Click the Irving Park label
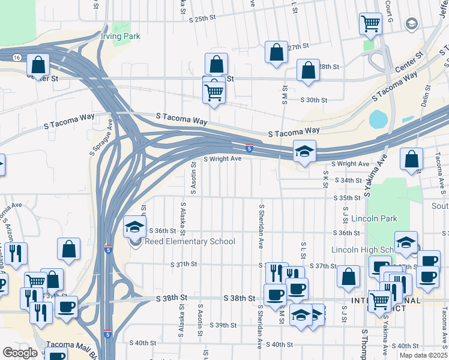point(121,37)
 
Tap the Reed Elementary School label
point(190,242)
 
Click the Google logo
point(20,353)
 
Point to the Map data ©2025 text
point(423,355)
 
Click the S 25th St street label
point(202,19)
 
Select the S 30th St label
point(313,100)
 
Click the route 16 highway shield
point(16,57)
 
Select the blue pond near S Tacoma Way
point(378,119)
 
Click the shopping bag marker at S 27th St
point(277,52)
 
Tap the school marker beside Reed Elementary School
point(135,227)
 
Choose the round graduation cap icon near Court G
point(411,23)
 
